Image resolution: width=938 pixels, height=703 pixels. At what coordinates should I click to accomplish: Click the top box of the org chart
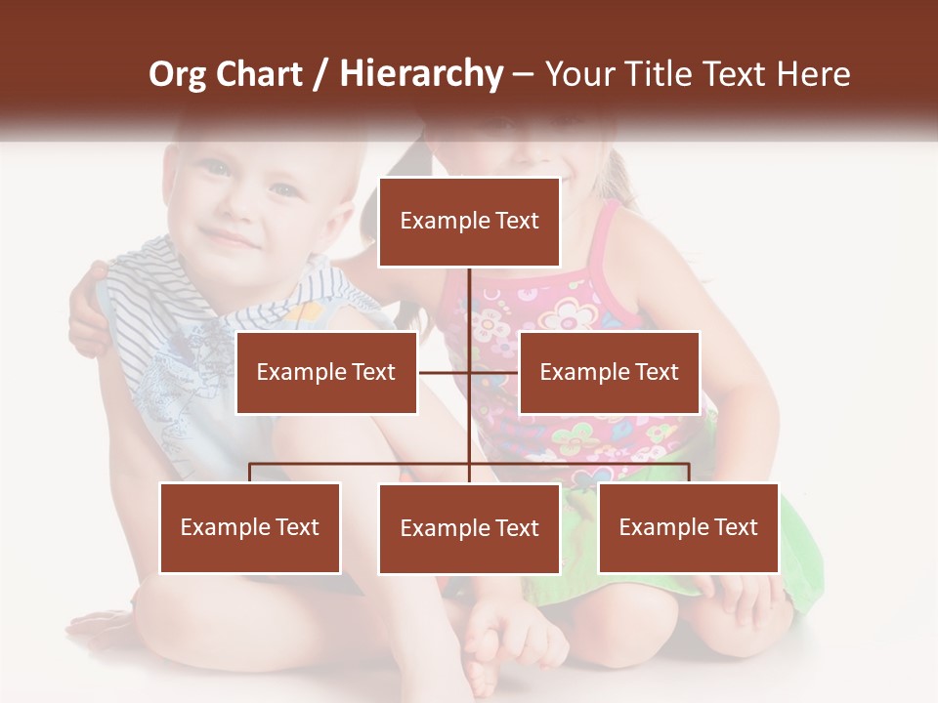pyautogui.click(x=469, y=222)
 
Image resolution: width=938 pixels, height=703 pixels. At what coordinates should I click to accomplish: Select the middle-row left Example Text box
pyautogui.click(x=326, y=372)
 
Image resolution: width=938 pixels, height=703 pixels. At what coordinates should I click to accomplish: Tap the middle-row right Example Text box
pyautogui.click(x=609, y=372)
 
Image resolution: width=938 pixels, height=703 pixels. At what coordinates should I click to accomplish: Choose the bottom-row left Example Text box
pyautogui.click(x=250, y=527)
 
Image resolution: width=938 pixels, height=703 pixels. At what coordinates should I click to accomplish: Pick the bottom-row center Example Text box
pyautogui.click(x=469, y=528)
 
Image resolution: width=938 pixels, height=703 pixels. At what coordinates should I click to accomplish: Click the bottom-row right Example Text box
pyautogui.click(x=688, y=527)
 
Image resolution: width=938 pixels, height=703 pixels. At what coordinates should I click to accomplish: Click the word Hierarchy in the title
pyautogui.click(x=421, y=74)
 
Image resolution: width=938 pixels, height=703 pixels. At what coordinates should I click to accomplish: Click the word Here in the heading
pyautogui.click(x=813, y=74)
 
